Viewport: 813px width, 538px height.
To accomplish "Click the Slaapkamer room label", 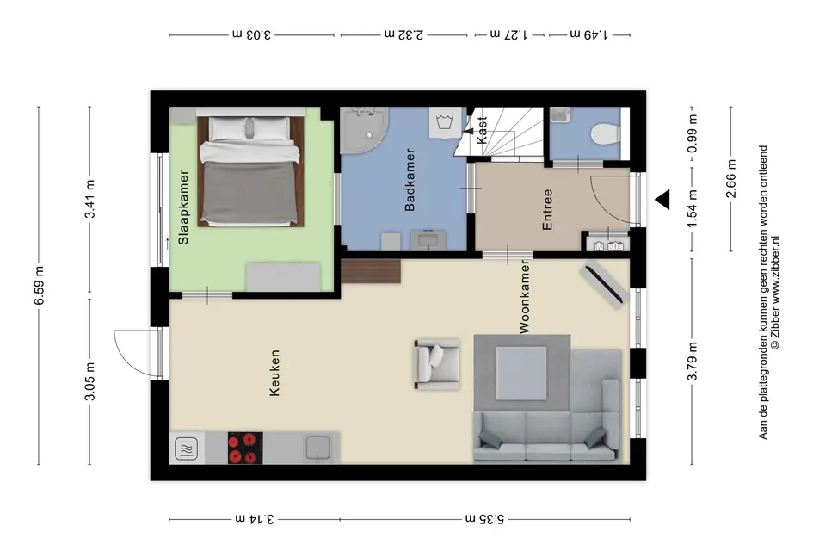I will point(183,220).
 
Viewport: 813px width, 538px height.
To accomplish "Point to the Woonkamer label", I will point(524,298).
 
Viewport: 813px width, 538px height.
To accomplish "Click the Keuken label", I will point(275,373).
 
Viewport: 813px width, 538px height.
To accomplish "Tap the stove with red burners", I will point(244,448).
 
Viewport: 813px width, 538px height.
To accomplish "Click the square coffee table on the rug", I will point(521,372).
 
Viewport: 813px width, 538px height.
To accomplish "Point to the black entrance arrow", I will point(662,200).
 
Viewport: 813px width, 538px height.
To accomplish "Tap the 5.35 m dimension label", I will point(486,519).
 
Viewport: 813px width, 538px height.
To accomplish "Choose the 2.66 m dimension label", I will point(730,179).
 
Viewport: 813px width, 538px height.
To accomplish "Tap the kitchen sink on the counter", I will point(318,448).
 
